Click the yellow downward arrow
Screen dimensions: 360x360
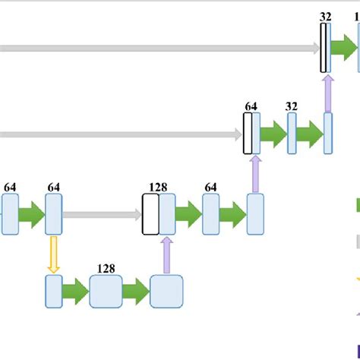click(x=53, y=254)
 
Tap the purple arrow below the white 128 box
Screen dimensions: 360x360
click(x=166, y=254)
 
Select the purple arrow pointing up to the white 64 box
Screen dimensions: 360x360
click(x=255, y=174)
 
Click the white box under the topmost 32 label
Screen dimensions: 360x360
click(x=324, y=48)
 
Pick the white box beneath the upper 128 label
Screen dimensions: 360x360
click(x=150, y=215)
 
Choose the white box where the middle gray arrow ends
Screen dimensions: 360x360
click(x=248, y=134)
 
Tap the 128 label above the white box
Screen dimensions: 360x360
click(x=158, y=186)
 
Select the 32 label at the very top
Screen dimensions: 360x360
click(x=325, y=16)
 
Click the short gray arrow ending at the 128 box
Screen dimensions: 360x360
click(x=102, y=216)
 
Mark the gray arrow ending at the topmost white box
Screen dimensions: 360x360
click(x=159, y=49)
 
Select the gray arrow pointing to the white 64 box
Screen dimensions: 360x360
click(x=122, y=135)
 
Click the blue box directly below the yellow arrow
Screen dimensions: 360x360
click(x=53, y=292)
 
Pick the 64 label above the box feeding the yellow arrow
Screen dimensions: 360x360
click(x=53, y=186)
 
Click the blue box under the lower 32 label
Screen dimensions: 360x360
click(x=292, y=134)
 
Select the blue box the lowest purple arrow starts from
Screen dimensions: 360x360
click(x=166, y=292)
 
